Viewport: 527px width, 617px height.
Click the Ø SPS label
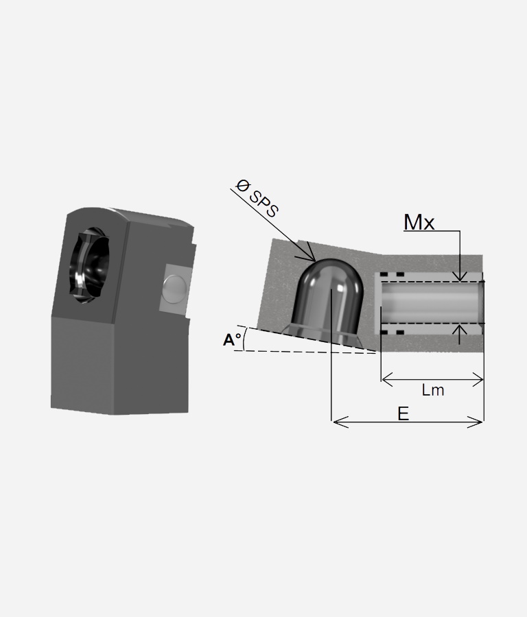click(257, 198)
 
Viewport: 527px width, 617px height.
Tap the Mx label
click(419, 222)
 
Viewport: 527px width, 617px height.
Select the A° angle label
click(232, 339)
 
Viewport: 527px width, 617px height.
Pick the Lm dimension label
click(433, 390)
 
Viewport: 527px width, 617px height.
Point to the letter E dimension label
click(403, 414)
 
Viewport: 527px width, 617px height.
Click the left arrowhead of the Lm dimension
click(388, 380)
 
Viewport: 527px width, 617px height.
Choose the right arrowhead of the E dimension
click(475, 422)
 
